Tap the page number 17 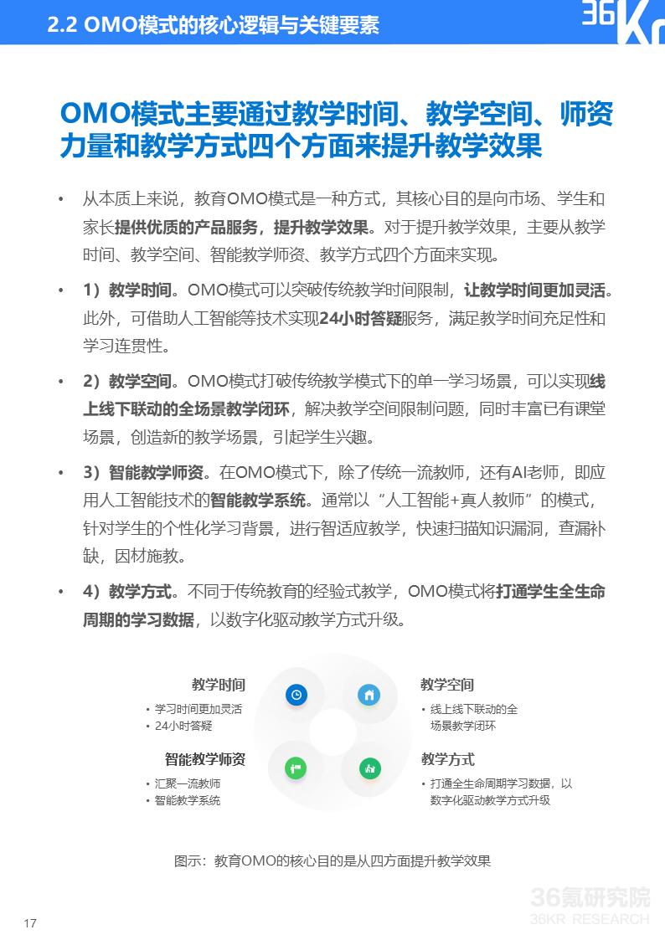pos(30,923)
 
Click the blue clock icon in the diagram pos(295,694)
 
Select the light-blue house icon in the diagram pos(369,694)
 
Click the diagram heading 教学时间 pos(218,685)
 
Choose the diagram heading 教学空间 pos(447,685)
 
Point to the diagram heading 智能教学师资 pos(204,759)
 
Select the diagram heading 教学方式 pos(447,759)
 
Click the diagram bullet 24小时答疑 pos(183,726)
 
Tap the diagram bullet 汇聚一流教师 pos(188,783)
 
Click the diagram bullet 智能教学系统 pos(188,800)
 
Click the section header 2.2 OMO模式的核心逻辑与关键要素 pos(214,24)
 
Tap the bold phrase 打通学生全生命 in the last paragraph pos(550,592)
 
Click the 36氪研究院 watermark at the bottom pos(590,897)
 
